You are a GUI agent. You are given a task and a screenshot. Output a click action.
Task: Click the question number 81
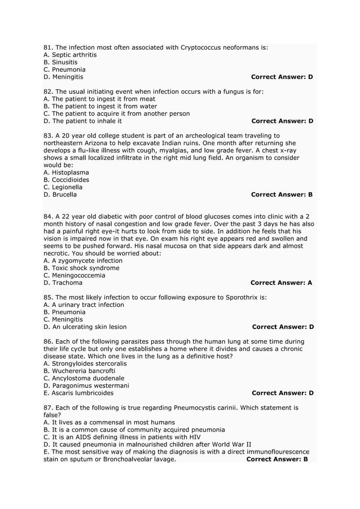coord(48,47)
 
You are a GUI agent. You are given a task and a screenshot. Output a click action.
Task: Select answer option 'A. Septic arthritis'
coord(70,55)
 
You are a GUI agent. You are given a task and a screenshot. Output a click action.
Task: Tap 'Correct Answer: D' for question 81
coord(282,77)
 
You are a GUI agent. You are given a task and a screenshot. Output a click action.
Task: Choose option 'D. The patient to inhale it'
coord(82,121)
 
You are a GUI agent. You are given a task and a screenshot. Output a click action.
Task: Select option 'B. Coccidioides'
coord(66,180)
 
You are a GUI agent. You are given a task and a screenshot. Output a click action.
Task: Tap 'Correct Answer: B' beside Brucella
coord(282,195)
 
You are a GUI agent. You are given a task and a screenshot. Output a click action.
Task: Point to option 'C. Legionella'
coord(63,187)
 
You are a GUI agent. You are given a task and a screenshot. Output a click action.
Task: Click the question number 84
coord(48,217)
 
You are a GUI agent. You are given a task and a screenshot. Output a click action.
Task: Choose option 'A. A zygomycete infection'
coord(82,261)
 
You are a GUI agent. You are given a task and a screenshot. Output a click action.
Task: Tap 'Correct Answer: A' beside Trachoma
coord(281,283)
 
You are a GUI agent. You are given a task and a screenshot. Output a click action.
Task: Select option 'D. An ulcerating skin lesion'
coord(85,327)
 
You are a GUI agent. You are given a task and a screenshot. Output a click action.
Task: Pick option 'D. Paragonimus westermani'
coord(86,385)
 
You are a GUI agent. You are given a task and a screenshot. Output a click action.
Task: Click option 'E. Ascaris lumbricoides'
coord(78,393)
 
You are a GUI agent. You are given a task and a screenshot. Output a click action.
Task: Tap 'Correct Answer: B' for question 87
coord(277,459)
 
